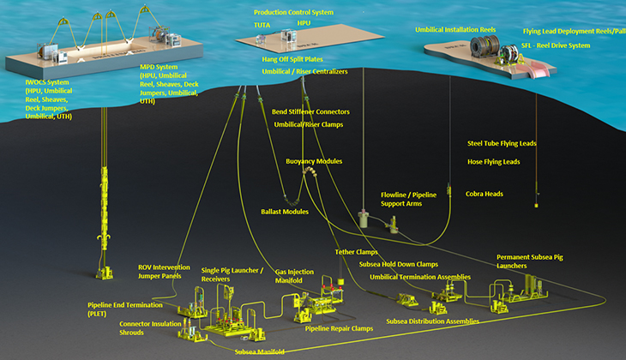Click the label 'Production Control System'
coord(293,13)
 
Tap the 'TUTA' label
coord(262,26)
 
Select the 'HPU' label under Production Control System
coord(304,25)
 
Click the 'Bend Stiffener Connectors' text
coord(310,112)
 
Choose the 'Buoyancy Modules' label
coord(314,161)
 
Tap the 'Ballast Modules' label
coord(284,211)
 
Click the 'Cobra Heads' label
coord(485,194)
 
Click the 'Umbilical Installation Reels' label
coord(455,30)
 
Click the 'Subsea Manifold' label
coord(260,351)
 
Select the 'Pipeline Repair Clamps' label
coord(340,328)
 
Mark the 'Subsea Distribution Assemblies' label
coord(432,321)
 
